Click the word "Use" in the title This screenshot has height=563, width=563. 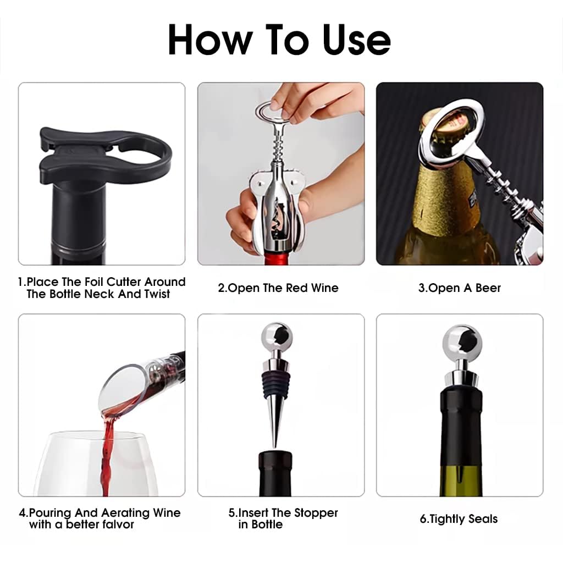(356, 40)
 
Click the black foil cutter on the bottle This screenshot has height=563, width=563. (104, 154)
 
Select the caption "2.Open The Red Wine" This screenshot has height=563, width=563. (278, 288)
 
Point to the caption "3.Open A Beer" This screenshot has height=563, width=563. (459, 288)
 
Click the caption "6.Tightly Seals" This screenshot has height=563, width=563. (459, 519)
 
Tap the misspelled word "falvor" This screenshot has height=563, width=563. (118, 525)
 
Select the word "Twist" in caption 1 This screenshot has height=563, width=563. (157, 294)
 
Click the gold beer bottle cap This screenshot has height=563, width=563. (451, 129)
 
